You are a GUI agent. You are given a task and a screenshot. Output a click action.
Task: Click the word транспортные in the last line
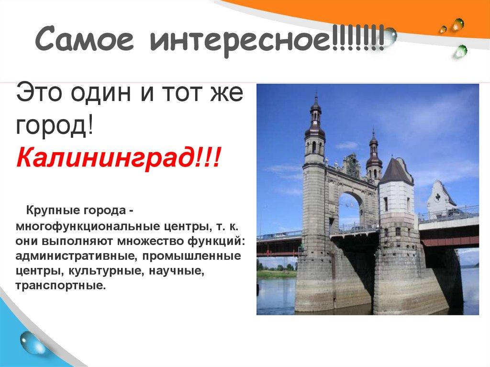coord(59,286)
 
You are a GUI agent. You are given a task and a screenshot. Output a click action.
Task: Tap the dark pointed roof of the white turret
coord(396,170)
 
